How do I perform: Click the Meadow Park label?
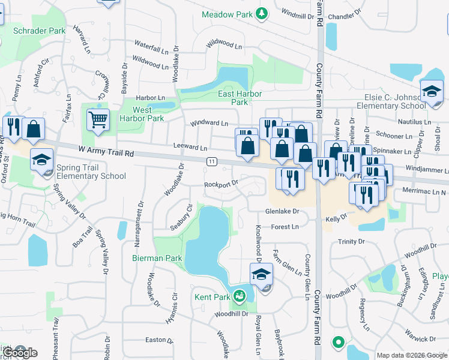click(x=226, y=14)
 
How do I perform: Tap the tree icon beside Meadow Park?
click(x=261, y=14)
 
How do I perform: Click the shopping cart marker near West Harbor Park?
click(x=97, y=118)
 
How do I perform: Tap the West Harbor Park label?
click(x=148, y=114)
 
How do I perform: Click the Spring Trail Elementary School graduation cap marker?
click(x=41, y=160)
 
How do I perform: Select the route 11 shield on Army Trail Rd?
click(x=212, y=161)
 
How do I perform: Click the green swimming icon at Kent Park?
click(x=240, y=295)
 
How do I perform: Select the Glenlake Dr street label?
click(x=282, y=211)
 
